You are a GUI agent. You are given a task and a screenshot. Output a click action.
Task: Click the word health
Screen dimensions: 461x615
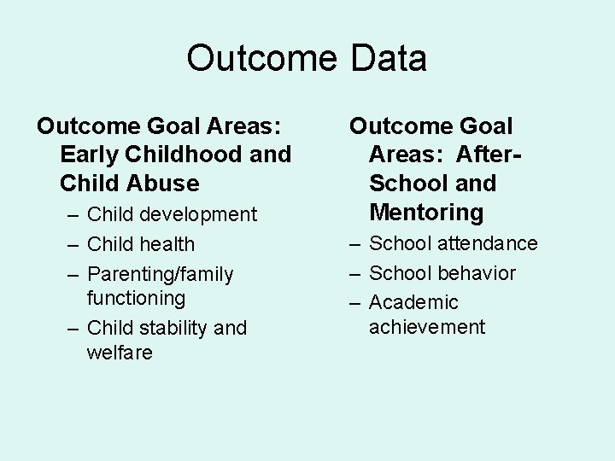[x=166, y=244]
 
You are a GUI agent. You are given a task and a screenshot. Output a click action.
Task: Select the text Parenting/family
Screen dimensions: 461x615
[x=160, y=274]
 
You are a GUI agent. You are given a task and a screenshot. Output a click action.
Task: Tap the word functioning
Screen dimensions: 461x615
[x=136, y=298]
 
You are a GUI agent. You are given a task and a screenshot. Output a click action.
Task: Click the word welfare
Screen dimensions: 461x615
[x=120, y=352]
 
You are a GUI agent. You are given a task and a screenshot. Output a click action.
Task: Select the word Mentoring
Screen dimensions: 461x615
[x=426, y=211]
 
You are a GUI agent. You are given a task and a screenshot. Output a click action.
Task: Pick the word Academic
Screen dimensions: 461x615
[x=413, y=302]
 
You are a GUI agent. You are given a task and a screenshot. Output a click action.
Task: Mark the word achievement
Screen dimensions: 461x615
[x=426, y=326]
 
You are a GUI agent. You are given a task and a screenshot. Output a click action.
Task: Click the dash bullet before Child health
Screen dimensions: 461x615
[x=71, y=244]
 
